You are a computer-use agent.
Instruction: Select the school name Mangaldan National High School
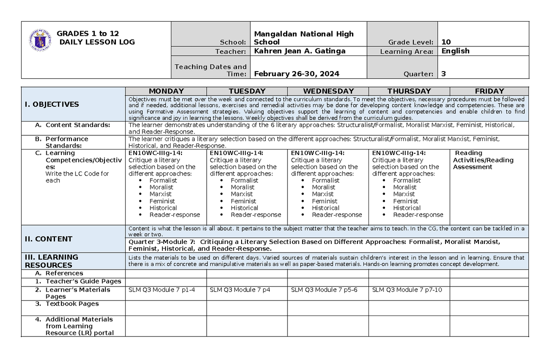coord(303,38)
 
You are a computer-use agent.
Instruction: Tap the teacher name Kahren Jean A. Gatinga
coord(300,51)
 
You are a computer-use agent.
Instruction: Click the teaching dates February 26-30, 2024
coord(297,74)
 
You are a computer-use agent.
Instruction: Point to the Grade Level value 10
coord(445,42)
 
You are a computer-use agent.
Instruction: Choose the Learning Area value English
coord(455,51)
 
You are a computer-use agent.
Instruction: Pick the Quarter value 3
coord(443,74)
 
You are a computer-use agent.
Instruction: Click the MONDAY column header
coord(166,91)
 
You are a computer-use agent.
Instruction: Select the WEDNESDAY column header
coord(328,91)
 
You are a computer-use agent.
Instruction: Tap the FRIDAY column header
coord(489,91)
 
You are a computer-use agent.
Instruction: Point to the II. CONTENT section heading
coord(48,238)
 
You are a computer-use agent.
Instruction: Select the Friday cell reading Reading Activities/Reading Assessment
coord(483,160)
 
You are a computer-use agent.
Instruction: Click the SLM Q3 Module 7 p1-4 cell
coord(158,290)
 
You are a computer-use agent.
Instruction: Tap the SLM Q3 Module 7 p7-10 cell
coord(407,290)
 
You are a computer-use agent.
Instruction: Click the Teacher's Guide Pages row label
coord(83,281)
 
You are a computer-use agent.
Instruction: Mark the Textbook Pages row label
coord(72,304)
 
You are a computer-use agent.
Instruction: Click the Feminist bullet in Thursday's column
coord(405,201)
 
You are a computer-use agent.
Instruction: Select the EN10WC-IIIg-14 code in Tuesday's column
coord(236,153)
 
